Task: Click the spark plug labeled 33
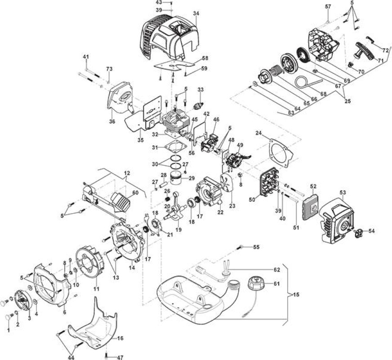(x=199, y=106)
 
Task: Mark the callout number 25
(x=347, y=101)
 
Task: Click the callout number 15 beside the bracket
(x=296, y=294)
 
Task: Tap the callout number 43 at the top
(x=166, y=3)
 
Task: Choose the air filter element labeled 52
(x=310, y=207)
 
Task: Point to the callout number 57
(x=328, y=6)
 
